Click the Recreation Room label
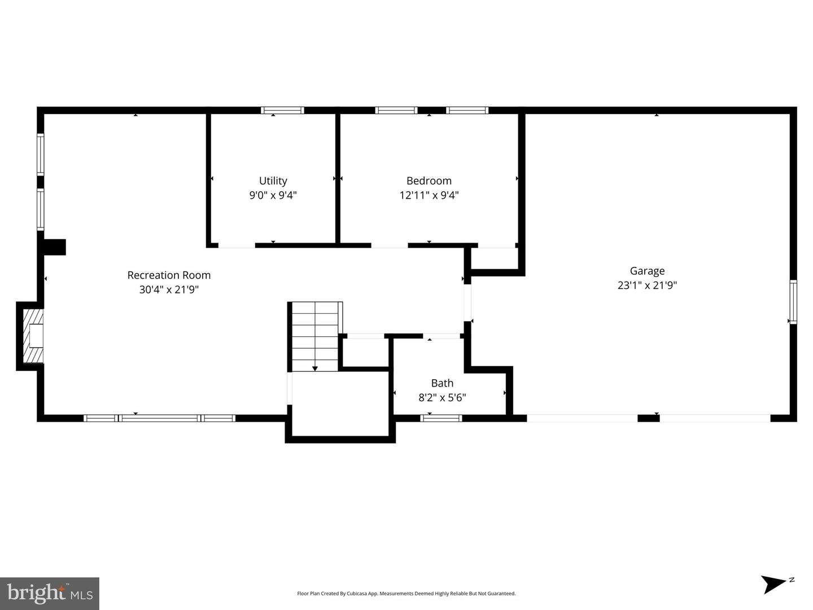169,275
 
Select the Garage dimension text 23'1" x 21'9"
647,286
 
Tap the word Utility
273,181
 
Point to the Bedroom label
429,181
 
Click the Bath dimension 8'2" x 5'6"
442,398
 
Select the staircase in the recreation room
315,336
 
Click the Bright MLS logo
50,593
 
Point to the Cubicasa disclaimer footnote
406,594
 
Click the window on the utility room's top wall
282,111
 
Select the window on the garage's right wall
793,302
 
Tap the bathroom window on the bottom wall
441,418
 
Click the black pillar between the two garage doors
648,418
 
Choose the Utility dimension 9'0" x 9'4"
273,196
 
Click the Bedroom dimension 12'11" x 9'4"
429,196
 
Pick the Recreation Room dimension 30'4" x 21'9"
169,290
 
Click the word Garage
647,271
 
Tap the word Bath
442,383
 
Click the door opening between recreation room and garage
467,302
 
